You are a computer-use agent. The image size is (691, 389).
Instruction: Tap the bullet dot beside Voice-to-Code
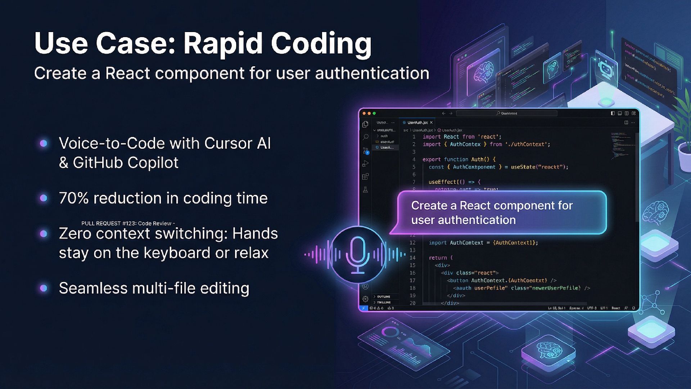44,143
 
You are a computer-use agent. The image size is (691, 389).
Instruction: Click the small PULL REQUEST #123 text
128,223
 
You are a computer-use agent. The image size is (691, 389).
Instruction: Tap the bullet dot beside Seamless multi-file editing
44,288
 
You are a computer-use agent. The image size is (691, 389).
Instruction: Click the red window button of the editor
364,113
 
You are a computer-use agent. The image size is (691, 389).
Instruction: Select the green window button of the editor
374,113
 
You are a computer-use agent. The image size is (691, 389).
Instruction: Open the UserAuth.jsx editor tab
417,123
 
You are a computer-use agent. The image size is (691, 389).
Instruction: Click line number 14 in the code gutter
412,258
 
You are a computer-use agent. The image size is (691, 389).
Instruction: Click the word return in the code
438,258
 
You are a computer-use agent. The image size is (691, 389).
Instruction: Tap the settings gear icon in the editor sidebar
365,299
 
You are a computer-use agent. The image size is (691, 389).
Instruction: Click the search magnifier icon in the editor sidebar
365,137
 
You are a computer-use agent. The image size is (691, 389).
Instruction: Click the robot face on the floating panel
606,68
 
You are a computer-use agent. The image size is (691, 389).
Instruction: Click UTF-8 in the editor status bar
592,308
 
